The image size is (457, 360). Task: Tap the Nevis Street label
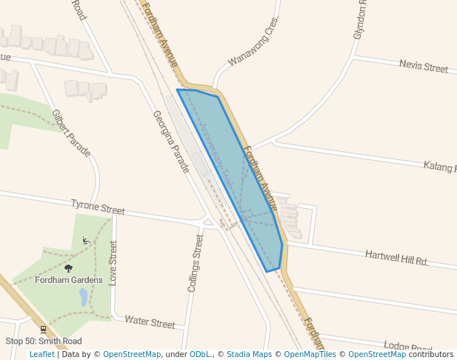pyautogui.click(x=424, y=67)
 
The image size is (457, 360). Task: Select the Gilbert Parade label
pyautogui.click(x=71, y=133)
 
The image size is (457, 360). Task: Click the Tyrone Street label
pyautogui.click(x=98, y=207)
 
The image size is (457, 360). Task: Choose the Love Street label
pyautogui.click(x=113, y=262)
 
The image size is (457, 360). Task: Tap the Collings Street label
pyautogui.click(x=195, y=263)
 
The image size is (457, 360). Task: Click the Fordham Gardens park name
pyautogui.click(x=69, y=279)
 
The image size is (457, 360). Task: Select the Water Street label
pyautogui.click(x=150, y=322)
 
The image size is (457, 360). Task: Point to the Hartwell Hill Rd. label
pyautogui.click(x=397, y=258)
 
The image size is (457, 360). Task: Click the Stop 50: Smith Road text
pyautogui.click(x=43, y=341)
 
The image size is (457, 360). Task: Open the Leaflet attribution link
pyautogui.click(x=42, y=354)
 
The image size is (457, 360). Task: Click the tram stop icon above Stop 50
pyautogui.click(x=43, y=329)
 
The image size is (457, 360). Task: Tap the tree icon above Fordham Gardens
pyautogui.click(x=69, y=268)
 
